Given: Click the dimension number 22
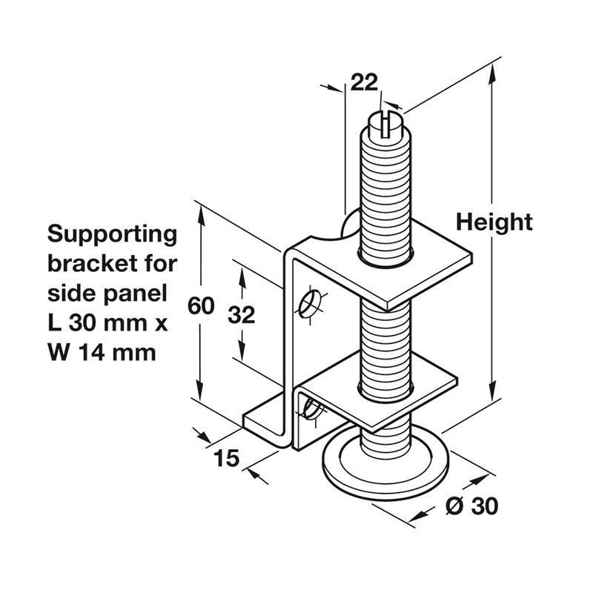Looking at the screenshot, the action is click(x=364, y=83).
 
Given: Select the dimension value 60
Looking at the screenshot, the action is click(x=201, y=306).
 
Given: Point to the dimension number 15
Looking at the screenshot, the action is click(x=227, y=458).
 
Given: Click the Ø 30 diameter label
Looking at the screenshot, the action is click(x=472, y=506).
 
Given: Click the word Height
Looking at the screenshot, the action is click(x=494, y=222).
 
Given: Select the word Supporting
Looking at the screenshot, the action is click(x=113, y=235).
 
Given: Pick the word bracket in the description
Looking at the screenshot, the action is click(x=89, y=264).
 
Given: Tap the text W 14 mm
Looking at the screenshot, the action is click(x=102, y=353).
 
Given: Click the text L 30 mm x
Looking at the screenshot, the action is click(x=107, y=323).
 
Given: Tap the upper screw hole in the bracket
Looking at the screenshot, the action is click(x=309, y=303).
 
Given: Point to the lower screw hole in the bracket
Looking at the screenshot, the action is click(x=312, y=408).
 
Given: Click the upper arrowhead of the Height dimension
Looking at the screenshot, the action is click(x=491, y=73).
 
